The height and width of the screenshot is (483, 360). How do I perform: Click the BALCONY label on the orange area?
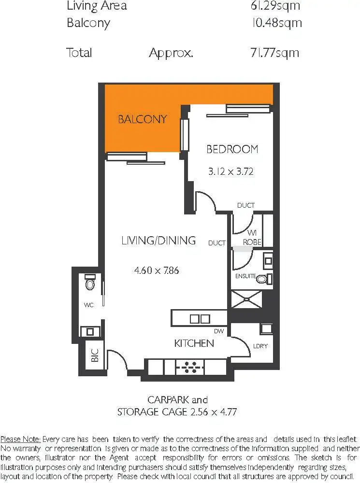pos(143,119)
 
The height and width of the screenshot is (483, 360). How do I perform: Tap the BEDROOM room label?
pos(232,149)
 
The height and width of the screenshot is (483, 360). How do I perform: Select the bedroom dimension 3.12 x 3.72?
pos(231,171)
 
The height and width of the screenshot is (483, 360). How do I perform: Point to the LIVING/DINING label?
pos(158,240)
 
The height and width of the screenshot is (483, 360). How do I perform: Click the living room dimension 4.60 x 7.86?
pos(157,270)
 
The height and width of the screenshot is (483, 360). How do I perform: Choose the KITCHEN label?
pos(194,343)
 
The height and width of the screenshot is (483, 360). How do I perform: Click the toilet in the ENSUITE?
pos(262,279)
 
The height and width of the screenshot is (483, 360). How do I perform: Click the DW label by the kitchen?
pos(220,331)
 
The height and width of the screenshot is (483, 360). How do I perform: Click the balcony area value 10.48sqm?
pos(276,23)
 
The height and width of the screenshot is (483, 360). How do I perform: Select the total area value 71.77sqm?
pos(274,52)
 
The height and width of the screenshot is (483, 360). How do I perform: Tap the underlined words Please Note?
pos(20,439)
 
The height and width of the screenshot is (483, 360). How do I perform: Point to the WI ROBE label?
pos(252,238)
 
